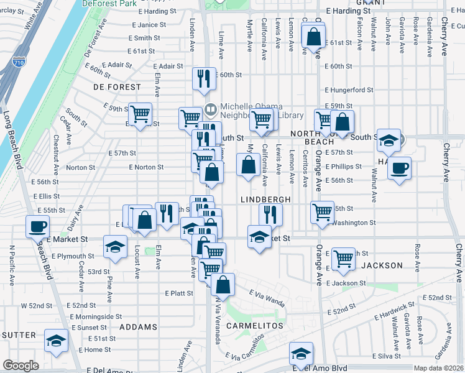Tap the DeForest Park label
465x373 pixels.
tap(109, 3)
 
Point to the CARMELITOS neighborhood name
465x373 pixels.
tap(255, 326)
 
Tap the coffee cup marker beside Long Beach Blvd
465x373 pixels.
tap(37, 226)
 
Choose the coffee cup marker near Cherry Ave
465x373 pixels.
tap(399, 167)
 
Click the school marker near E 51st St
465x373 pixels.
tap(56, 341)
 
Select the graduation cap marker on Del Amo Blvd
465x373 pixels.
tap(301, 354)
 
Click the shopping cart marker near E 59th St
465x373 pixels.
tap(141, 113)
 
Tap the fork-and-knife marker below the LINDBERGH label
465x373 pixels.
tap(270, 214)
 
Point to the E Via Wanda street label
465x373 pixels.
tap(267, 297)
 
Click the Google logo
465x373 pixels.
tap(21, 366)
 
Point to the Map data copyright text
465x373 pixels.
tap(438, 368)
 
